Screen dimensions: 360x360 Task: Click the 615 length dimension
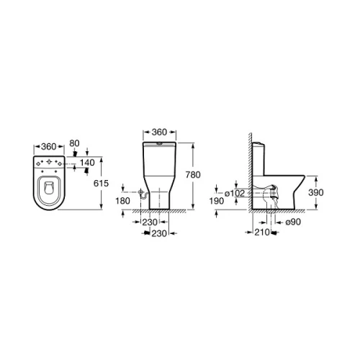click(101, 184)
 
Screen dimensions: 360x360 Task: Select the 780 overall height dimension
click(193, 175)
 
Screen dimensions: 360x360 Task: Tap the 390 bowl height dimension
click(316, 192)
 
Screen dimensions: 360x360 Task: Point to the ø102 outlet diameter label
click(235, 193)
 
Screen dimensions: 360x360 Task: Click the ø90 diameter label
click(293, 222)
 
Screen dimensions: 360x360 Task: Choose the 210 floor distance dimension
click(262, 232)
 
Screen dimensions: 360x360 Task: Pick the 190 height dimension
click(217, 201)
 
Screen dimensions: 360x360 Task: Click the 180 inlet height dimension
click(122, 201)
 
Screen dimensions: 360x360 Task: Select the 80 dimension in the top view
click(74, 143)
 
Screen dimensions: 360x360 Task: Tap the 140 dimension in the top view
click(87, 163)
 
